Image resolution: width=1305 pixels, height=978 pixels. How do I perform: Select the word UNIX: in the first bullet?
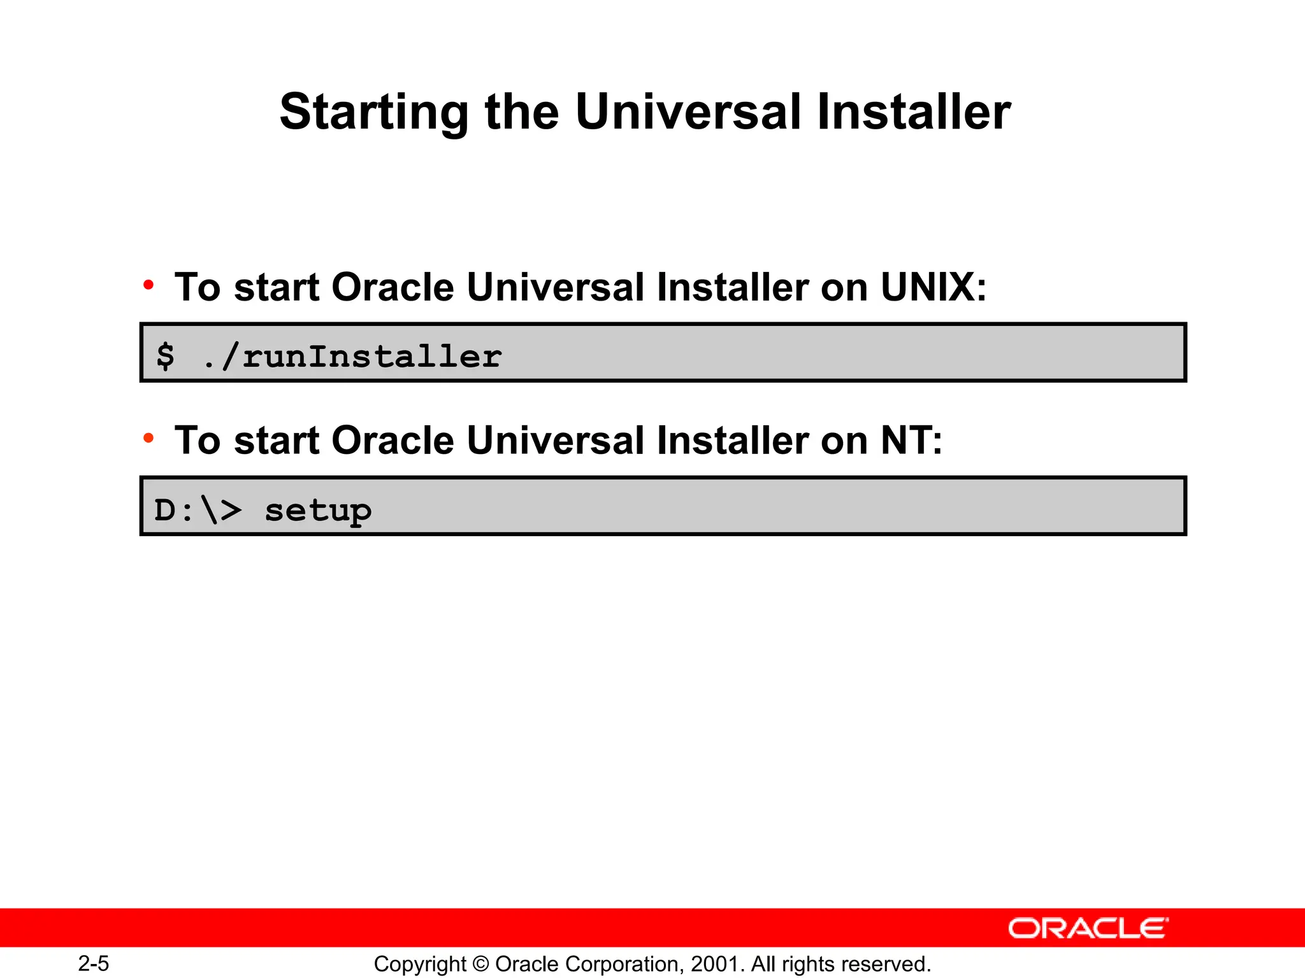point(934,287)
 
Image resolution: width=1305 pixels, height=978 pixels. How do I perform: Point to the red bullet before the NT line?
point(148,438)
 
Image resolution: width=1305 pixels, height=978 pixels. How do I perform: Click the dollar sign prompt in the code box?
point(166,355)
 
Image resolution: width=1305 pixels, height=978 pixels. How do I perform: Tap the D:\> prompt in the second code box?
point(198,510)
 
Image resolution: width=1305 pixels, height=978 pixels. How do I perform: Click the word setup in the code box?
point(317,511)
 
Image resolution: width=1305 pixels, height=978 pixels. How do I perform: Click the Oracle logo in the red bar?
point(1088,928)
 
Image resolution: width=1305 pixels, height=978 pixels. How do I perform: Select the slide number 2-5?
point(94,963)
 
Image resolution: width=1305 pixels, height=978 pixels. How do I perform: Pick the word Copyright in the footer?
point(420,964)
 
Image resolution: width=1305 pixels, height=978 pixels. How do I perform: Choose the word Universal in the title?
point(688,112)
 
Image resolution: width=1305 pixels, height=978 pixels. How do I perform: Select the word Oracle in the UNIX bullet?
point(393,287)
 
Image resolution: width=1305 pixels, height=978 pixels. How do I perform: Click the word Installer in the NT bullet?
point(733,441)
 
